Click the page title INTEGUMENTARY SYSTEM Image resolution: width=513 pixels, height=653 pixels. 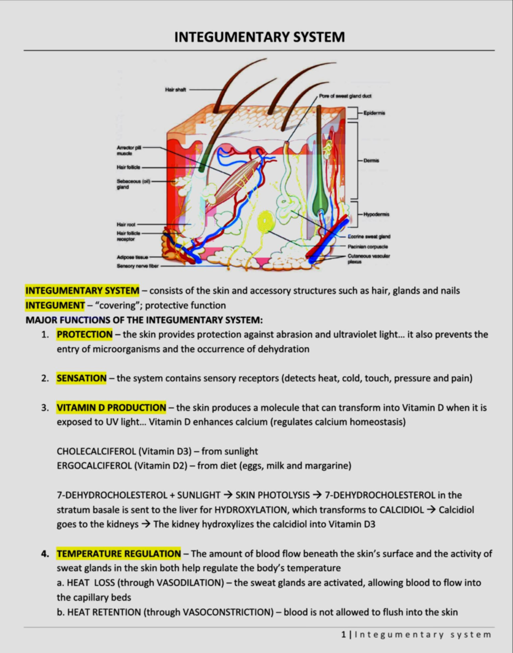coord(259,37)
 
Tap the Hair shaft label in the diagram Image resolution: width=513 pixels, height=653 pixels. coord(175,90)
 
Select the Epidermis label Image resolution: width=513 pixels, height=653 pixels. coord(374,113)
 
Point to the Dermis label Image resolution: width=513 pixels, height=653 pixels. coord(371,161)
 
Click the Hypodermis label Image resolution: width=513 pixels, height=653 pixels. coord(376,214)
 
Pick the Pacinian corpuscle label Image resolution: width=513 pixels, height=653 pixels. coord(368,247)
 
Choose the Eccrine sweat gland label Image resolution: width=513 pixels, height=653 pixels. coord(369,236)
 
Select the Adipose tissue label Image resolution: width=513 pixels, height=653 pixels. coord(132,257)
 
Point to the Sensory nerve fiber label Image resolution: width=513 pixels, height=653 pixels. coord(137,266)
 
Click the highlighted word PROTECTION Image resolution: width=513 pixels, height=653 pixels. coord(85,335)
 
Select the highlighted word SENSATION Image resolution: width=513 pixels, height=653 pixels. coord(81,378)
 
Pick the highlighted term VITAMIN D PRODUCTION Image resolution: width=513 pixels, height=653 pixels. coord(111,408)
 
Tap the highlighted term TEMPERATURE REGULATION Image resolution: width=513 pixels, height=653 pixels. coord(118,554)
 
